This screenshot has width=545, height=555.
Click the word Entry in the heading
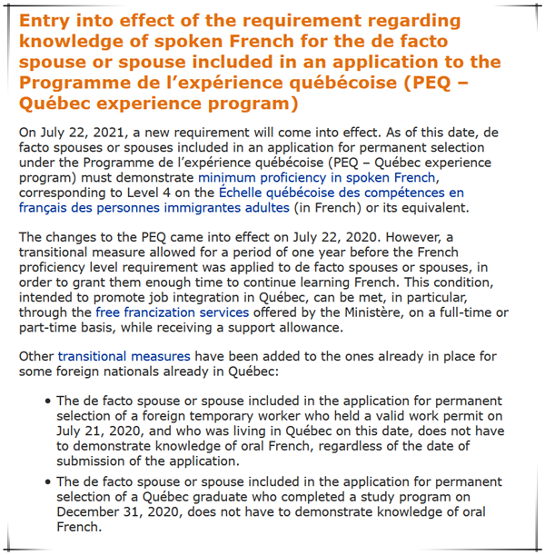coord(47,21)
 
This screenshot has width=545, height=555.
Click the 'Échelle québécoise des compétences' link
coord(341,193)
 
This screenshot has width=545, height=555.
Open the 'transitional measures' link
coord(124,356)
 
